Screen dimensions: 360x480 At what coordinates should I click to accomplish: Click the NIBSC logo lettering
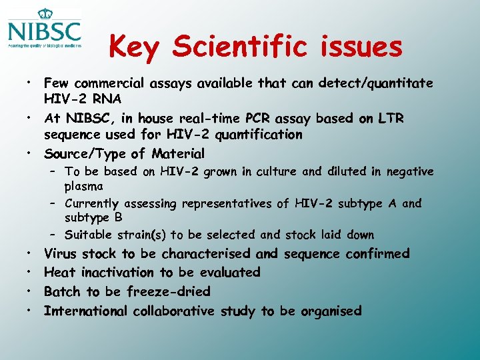click(x=45, y=31)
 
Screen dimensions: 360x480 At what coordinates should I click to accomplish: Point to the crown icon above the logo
click(x=45, y=12)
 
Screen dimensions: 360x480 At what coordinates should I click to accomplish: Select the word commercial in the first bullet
click(x=110, y=83)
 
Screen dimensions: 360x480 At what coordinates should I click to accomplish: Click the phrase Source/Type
click(x=84, y=154)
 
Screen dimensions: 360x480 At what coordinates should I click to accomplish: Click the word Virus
click(x=61, y=253)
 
